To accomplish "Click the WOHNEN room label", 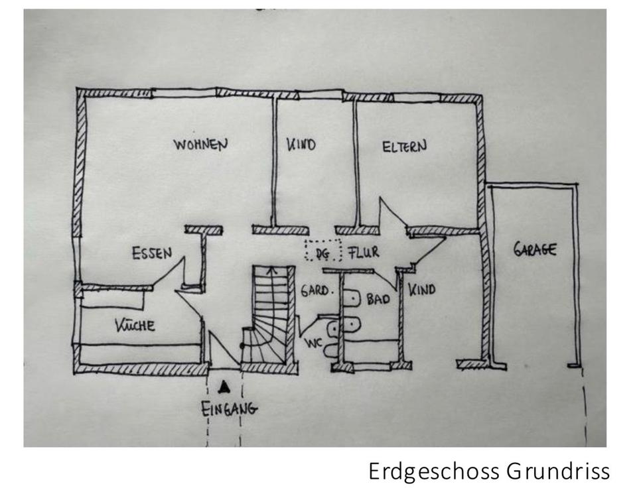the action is (200, 144).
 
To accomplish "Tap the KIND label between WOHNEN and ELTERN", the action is (301, 145).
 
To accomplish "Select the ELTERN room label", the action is (404, 147).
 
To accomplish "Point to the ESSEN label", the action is (152, 253).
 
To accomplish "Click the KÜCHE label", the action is (135, 325).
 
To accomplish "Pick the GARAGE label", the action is (535, 250).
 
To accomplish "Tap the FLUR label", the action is (363, 253).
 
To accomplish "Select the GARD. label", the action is (315, 290).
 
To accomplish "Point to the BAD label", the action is (378, 300).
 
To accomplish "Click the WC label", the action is (314, 343).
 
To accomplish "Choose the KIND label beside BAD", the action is (421, 289).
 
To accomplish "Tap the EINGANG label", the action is (229, 408).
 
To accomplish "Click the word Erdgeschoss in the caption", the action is (435, 471).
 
